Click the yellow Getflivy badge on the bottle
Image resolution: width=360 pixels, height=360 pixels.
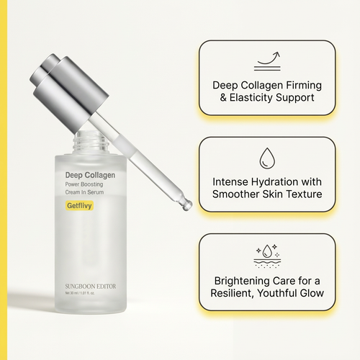pyautogui.click(x=73, y=206)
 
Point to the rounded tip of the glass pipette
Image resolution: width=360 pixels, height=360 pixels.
pyautogui.click(x=187, y=206)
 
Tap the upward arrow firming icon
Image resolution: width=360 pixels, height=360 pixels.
pyautogui.click(x=267, y=58)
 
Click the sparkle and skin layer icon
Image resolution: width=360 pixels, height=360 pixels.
pyautogui.click(x=267, y=254)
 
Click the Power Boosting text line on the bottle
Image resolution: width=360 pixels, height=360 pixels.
pyautogui.click(x=79, y=184)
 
